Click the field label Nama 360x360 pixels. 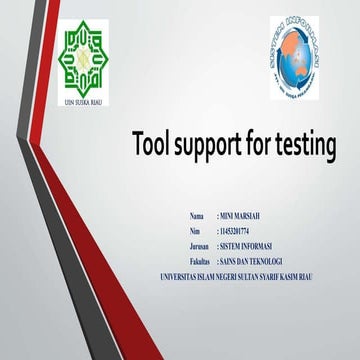pos(196,216)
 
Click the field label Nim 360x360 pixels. pos(194,231)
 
